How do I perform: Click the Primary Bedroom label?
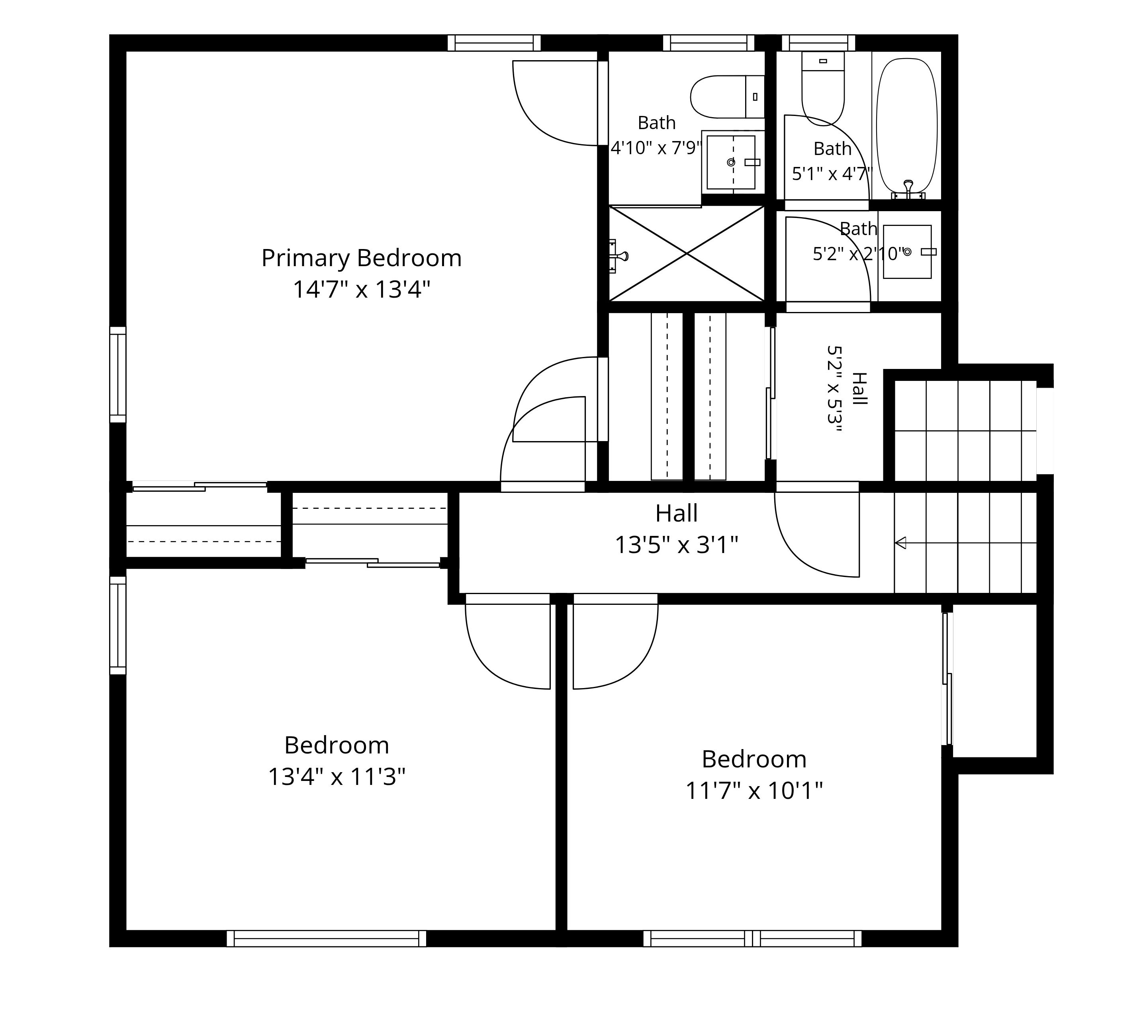pyautogui.click(x=361, y=258)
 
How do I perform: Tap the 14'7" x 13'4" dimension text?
pyautogui.click(x=361, y=290)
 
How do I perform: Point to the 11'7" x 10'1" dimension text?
pyautogui.click(x=754, y=791)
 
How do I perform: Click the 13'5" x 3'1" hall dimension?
pyautogui.click(x=676, y=544)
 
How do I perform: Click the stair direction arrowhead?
pyautogui.click(x=900, y=543)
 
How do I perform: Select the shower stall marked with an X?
pyautogui.click(x=687, y=253)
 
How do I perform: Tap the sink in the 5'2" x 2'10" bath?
pyautogui.click(x=907, y=252)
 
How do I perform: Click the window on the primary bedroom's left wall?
pyautogui.click(x=117, y=375)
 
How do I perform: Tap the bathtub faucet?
pyautogui.click(x=908, y=190)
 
